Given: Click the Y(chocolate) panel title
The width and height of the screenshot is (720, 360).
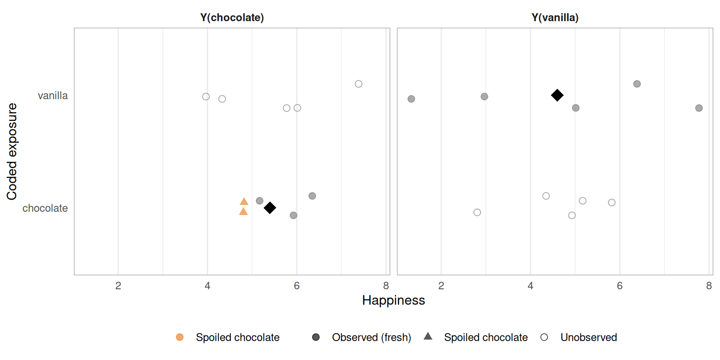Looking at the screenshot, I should coord(232,17).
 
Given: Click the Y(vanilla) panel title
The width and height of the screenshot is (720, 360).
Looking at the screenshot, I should coord(555,17).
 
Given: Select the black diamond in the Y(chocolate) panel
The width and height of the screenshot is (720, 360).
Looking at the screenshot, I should coord(270,207).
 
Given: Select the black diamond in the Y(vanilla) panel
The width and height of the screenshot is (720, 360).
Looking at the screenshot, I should coord(557,95).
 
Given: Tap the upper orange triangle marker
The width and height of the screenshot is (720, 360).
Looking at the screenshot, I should coord(244,202).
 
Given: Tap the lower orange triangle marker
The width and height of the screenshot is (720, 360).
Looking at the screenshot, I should coord(244,212).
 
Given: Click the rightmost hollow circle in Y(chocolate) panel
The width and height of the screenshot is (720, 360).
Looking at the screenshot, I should coord(358,84).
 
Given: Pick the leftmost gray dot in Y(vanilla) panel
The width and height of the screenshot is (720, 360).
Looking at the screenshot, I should coord(411,99).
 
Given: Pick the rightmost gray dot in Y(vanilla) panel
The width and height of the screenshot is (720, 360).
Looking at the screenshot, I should coord(699,108).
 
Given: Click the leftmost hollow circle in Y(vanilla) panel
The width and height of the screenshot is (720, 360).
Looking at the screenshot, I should coord(477,212).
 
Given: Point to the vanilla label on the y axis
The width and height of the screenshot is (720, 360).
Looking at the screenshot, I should coord(52,95).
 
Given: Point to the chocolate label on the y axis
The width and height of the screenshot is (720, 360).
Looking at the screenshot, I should coord(45,208).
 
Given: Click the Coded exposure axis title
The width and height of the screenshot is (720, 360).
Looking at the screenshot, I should coord(12,151).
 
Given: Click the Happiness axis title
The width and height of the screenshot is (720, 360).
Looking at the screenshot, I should coord(393,300).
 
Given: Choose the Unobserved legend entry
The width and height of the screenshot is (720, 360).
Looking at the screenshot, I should coord(588,337).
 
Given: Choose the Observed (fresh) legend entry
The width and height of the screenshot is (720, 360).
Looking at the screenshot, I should coord(371,337).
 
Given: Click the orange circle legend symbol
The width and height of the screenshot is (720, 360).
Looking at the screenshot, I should coord(180,337).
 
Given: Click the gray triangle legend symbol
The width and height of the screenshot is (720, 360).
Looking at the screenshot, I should coord(428,336).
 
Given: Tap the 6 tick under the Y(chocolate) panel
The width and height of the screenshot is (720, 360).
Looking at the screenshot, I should coord(297,286).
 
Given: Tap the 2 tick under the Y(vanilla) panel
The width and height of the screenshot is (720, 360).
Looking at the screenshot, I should coord(441,286).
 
